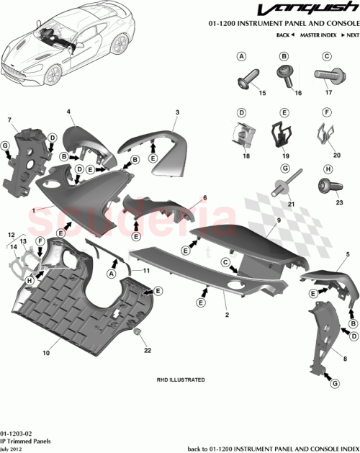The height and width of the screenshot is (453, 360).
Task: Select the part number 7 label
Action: point(9,119)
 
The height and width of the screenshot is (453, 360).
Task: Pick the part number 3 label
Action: point(176,112)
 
